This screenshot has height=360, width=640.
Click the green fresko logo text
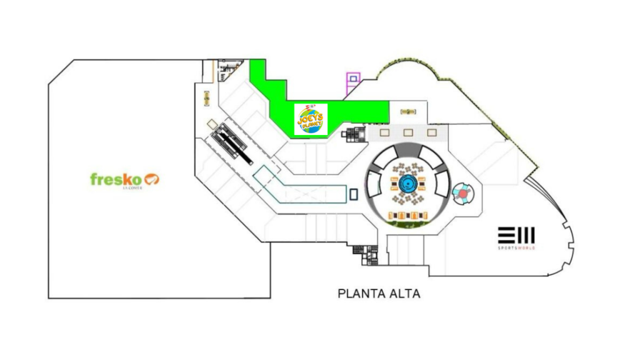point(116,179)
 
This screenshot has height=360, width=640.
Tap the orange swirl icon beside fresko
point(152,179)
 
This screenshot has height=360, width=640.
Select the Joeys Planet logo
point(311,119)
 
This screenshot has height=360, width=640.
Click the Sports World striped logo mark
point(516,235)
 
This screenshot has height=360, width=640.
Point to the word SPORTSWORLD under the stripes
point(516,248)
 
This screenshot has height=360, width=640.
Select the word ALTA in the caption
point(404,293)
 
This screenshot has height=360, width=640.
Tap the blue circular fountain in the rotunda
point(408,184)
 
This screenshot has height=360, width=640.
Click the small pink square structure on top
point(354,79)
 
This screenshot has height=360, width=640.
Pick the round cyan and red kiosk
point(462,194)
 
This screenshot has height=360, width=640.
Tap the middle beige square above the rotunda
point(407,132)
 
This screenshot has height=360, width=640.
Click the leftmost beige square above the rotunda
point(384,132)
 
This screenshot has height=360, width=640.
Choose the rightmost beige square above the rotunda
point(431,132)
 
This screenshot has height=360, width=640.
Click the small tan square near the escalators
point(212,123)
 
